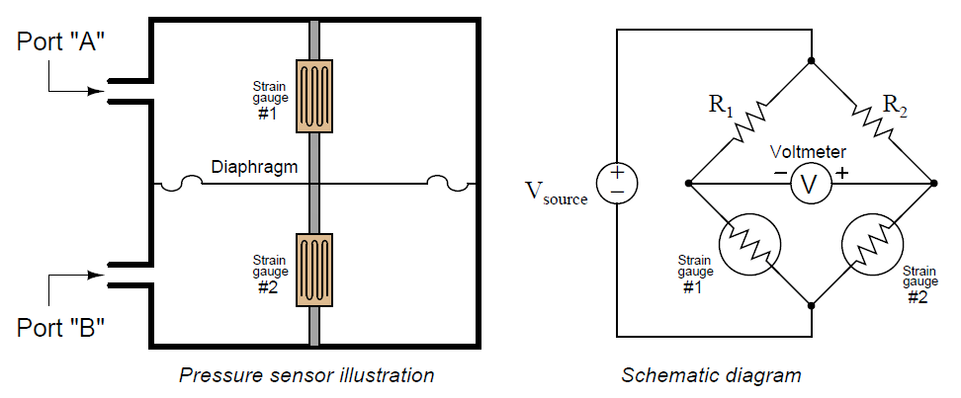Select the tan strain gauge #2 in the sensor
coord(314,269)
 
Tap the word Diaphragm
coord(254,168)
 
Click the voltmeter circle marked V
coord(811,184)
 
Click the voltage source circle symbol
coord(617,184)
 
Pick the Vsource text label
coord(557,195)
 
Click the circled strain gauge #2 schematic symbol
coord(869,247)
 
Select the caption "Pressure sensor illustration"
coord(306,375)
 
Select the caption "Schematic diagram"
coord(711,375)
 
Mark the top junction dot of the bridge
coord(811,61)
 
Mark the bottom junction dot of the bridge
coord(811,306)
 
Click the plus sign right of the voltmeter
coord(841,173)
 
